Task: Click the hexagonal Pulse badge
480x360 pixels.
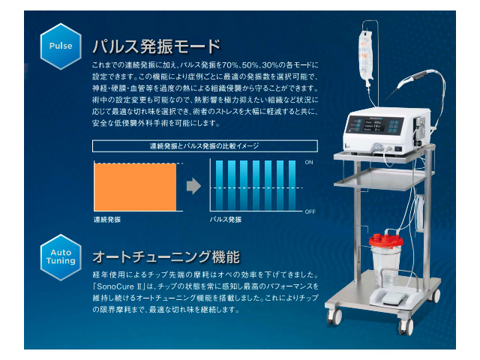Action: [x=61, y=46]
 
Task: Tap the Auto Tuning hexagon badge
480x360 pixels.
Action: [x=61, y=257]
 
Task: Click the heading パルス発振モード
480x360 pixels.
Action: [x=157, y=46]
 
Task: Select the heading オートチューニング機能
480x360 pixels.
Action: [x=166, y=256]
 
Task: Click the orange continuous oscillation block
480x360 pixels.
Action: [x=135, y=187]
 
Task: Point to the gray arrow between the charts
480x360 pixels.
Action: [x=193, y=186]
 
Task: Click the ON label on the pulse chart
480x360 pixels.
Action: [x=309, y=162]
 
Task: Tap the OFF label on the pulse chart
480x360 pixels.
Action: [x=310, y=211]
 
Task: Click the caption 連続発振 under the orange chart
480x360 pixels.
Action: [x=107, y=220]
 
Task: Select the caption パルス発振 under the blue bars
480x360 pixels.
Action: [x=226, y=220]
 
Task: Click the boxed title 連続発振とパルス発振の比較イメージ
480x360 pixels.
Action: [x=205, y=146]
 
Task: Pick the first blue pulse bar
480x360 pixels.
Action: [x=219, y=185]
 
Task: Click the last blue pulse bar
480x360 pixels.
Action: [x=292, y=185]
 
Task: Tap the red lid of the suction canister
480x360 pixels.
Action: [x=385, y=240]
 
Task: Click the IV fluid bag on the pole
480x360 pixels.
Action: [x=366, y=56]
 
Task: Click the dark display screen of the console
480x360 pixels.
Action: [x=372, y=126]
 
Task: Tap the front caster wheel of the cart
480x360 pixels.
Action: [x=406, y=326]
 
